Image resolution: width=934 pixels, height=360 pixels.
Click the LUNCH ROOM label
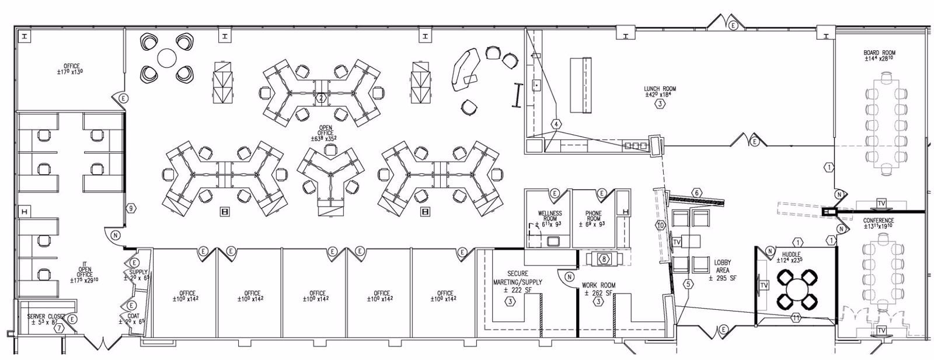(x=660, y=89)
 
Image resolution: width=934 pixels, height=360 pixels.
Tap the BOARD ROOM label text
(x=879, y=53)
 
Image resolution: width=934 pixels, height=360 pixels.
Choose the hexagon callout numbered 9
(x=132, y=208)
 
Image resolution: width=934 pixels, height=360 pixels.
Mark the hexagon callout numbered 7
(x=58, y=328)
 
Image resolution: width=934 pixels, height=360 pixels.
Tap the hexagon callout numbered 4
(x=557, y=124)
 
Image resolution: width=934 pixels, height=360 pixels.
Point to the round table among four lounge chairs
(x=167, y=58)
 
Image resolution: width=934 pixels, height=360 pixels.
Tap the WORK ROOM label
(x=598, y=286)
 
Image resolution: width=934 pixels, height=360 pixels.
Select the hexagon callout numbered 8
(x=605, y=258)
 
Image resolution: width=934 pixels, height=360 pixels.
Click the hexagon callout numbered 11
(x=796, y=317)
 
